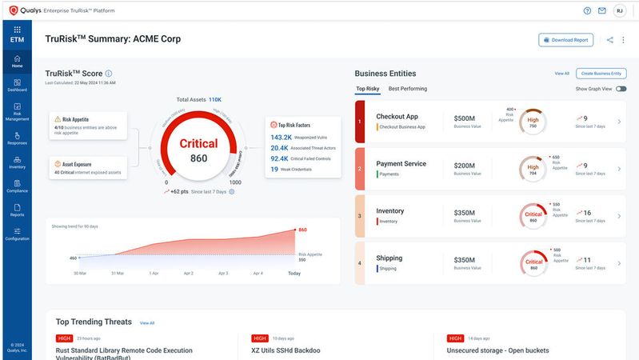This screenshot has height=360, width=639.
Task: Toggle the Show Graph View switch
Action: click(x=621, y=89)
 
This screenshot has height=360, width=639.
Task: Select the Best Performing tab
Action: click(x=408, y=89)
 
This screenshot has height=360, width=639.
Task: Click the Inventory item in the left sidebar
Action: click(x=17, y=162)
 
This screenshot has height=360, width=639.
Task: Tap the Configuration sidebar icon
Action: click(x=17, y=234)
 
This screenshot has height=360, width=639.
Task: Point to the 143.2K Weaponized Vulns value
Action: click(x=280, y=137)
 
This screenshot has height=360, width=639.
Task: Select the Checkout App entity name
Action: click(x=397, y=116)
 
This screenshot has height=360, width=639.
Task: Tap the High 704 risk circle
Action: click(x=533, y=169)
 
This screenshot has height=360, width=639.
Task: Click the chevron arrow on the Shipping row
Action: click(x=619, y=263)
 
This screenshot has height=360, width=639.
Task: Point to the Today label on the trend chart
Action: click(x=294, y=273)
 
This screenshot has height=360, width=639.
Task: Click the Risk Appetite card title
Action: click(x=77, y=119)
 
